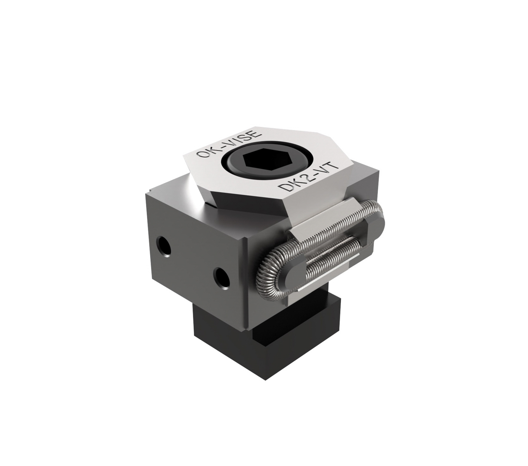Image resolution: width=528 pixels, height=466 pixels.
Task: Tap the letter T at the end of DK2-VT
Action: (x=333, y=165)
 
